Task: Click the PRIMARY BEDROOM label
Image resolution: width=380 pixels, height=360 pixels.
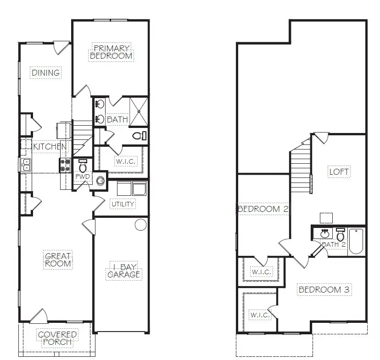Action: point(112,52)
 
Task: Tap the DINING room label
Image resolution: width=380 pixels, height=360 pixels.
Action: point(45,72)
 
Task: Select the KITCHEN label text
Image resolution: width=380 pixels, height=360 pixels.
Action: point(50,147)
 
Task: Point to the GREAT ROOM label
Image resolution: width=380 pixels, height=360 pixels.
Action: point(58,260)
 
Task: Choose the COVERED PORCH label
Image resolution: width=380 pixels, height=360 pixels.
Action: point(57,338)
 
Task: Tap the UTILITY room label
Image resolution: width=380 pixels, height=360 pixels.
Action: point(123,204)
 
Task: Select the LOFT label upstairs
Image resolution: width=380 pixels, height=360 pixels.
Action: point(339,172)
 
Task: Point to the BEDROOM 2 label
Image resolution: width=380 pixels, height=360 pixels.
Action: point(263,209)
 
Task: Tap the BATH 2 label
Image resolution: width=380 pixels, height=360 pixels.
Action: point(334,244)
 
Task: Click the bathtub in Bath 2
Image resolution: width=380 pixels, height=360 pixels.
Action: point(357,241)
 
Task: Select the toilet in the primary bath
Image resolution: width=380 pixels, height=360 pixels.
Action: point(138,135)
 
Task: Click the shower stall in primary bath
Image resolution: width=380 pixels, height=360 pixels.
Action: point(139,111)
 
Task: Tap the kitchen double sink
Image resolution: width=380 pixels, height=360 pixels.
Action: point(26,164)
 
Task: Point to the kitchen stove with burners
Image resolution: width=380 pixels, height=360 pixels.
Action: point(64,165)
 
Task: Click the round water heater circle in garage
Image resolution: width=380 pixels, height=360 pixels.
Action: point(140,225)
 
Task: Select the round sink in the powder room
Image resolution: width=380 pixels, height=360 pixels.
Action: point(100,182)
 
